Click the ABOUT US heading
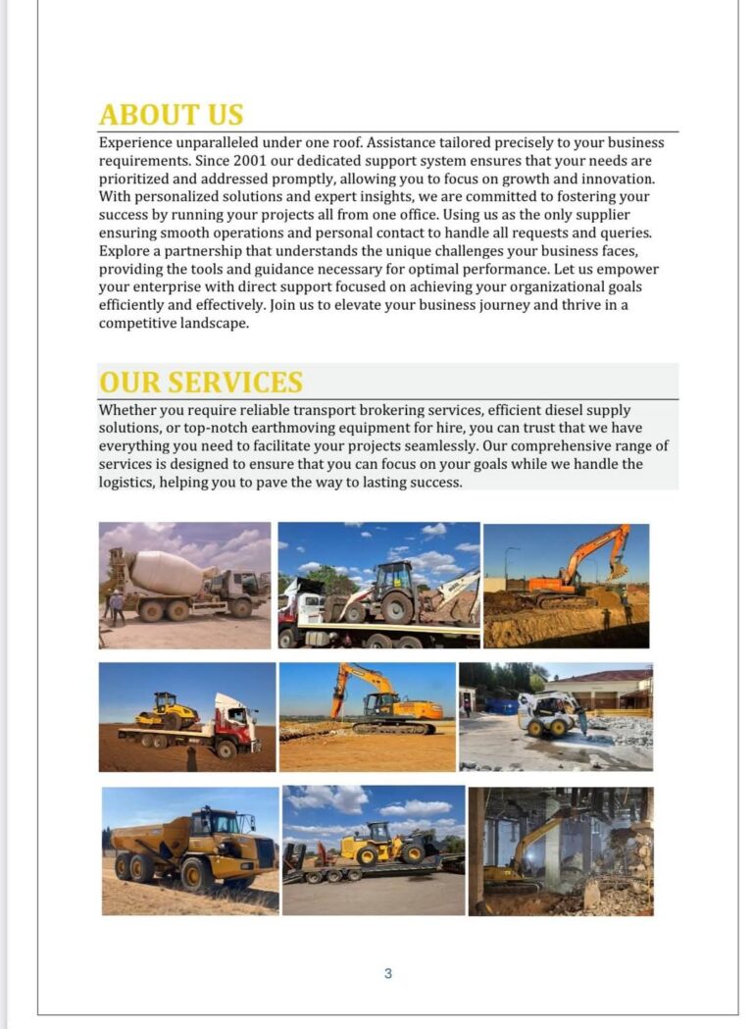(171, 115)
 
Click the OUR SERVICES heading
(200, 382)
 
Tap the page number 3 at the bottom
(388, 973)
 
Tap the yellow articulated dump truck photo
(190, 849)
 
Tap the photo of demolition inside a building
(560, 850)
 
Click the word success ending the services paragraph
(433, 483)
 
